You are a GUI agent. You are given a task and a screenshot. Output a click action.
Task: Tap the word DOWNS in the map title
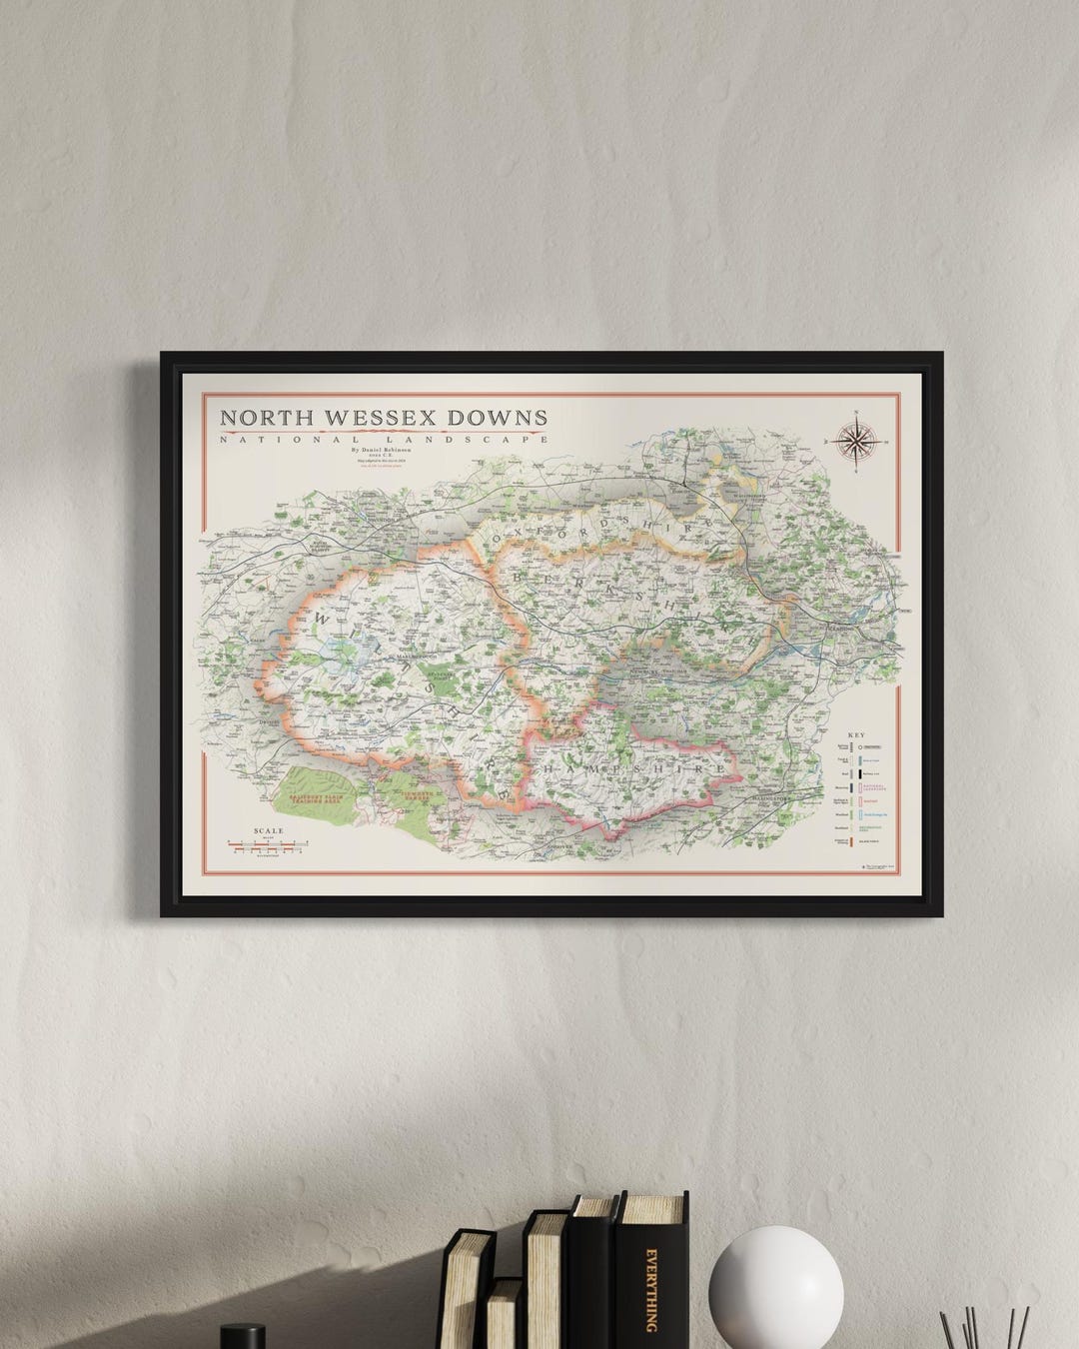pyautogui.click(x=497, y=417)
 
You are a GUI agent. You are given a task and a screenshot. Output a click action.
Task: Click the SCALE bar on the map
pyautogui.click(x=268, y=845)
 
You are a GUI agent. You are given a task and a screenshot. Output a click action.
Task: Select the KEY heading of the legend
pyautogui.click(x=855, y=733)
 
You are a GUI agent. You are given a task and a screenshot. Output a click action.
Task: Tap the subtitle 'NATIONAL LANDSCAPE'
pyautogui.click(x=384, y=440)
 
